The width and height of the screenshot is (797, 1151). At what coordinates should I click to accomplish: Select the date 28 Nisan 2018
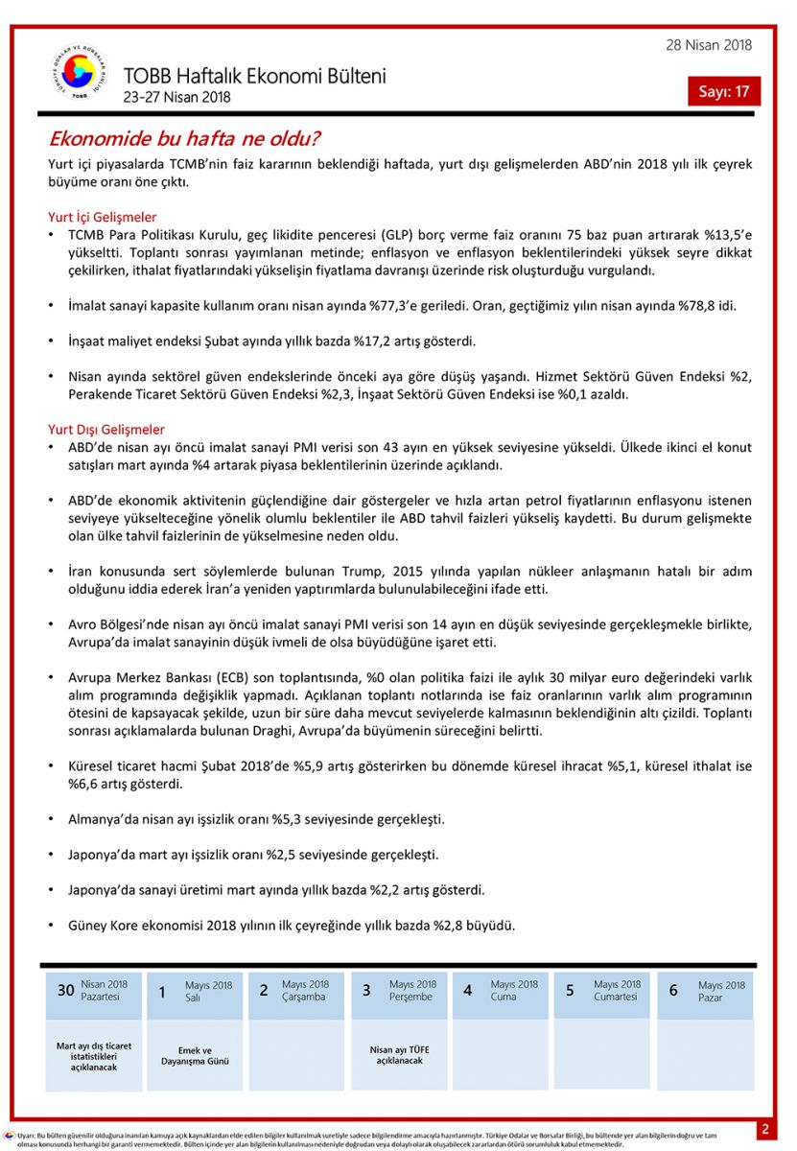pyautogui.click(x=709, y=45)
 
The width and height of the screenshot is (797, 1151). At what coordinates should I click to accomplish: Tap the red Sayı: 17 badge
pyautogui.click(x=723, y=91)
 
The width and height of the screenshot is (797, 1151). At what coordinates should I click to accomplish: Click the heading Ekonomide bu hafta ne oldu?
pyautogui.click(x=184, y=138)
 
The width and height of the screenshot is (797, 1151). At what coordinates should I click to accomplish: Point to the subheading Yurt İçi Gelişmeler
pyautogui.click(x=103, y=217)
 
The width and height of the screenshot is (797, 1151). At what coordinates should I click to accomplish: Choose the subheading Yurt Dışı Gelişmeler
pyautogui.click(x=106, y=429)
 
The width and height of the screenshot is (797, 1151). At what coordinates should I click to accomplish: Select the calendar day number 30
pyautogui.click(x=65, y=990)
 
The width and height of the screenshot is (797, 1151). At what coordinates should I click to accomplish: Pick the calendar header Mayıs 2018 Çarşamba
pyautogui.click(x=305, y=990)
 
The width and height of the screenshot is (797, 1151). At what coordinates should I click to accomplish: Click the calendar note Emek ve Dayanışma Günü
pyautogui.click(x=196, y=1055)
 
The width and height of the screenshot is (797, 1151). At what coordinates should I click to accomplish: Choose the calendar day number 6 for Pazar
pyautogui.click(x=673, y=990)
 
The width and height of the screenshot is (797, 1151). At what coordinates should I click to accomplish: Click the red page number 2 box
pyautogui.click(x=765, y=1129)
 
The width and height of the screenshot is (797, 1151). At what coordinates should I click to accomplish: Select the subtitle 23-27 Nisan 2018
pyautogui.click(x=177, y=96)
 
